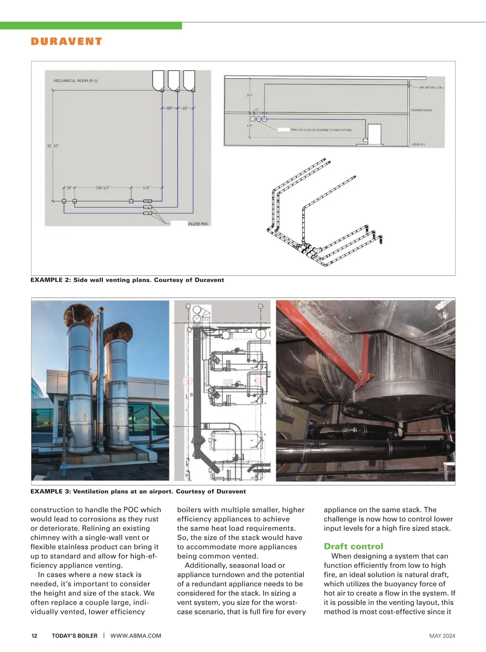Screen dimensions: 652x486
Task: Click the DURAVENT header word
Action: tap(66, 41)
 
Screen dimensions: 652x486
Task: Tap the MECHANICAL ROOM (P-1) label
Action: tap(75, 81)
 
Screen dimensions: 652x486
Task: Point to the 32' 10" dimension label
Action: tap(53, 146)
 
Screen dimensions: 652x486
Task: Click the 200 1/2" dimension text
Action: tap(102, 188)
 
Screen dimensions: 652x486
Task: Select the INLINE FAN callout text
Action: tap(198, 224)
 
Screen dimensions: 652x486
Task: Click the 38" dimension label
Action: tap(69, 188)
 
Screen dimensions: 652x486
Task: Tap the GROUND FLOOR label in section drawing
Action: tap(421, 110)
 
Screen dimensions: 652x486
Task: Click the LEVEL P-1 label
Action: tap(418, 145)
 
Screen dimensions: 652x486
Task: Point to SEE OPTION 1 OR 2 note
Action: tap(431, 87)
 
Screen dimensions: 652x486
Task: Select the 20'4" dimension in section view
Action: tap(249, 96)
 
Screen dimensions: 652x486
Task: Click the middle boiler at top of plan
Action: tap(173, 80)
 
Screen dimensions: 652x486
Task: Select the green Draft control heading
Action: tap(353, 546)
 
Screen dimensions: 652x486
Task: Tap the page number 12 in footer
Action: tap(34, 636)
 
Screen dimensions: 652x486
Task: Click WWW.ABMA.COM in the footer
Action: tap(136, 636)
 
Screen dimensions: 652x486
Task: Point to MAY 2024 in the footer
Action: tap(442, 636)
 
